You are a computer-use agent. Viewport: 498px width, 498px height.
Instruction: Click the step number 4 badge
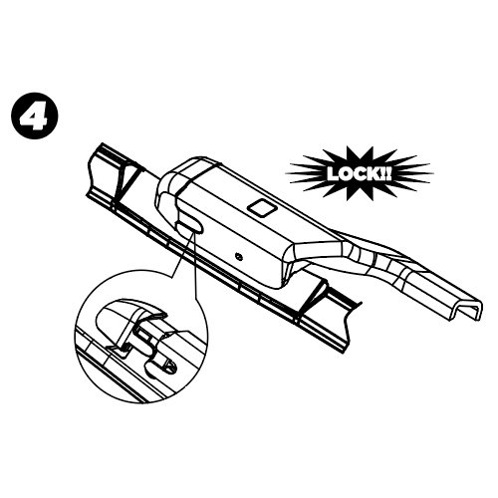pos(35,117)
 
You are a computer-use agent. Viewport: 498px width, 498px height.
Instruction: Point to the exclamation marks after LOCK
pos(385,173)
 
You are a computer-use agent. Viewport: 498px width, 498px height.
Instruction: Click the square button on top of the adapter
pos(262,208)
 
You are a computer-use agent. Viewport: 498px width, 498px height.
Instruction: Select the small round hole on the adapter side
pos(238,256)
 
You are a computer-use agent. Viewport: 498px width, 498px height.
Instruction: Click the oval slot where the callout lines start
pos(188,227)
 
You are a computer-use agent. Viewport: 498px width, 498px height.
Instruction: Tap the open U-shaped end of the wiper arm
pos(467,310)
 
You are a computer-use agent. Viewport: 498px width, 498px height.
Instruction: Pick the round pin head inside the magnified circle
pos(170,367)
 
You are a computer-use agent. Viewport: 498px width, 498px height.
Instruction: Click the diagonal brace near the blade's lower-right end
pos(311,297)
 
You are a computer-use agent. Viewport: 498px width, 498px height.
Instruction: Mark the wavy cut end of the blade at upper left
pos(91,172)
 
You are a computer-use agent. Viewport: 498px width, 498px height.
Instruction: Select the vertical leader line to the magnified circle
pos(195,265)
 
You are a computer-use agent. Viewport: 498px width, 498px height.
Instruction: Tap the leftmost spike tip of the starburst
pos(286,173)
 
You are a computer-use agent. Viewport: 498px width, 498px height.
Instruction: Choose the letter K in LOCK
pos(373,173)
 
